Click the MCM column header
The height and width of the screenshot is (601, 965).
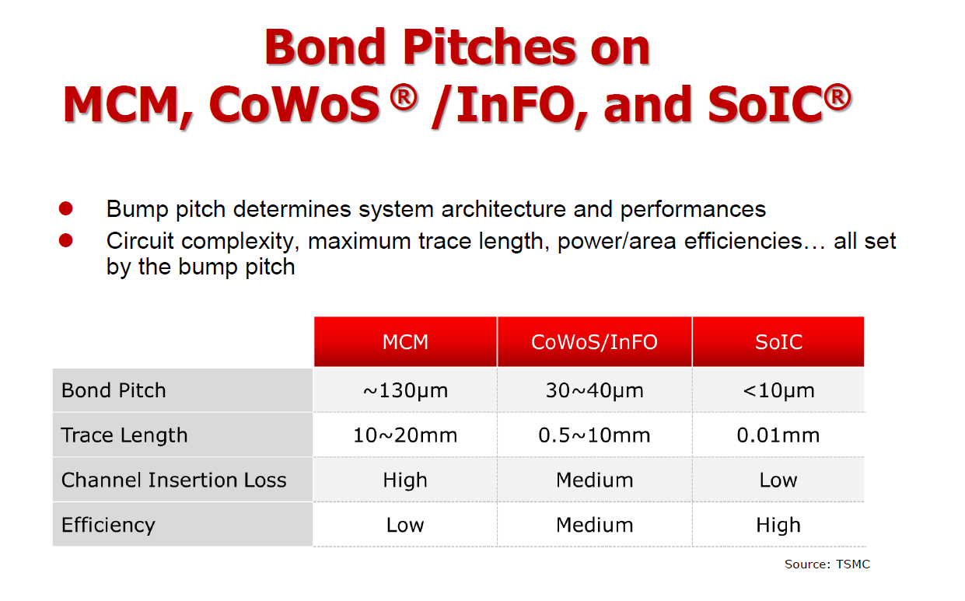pos(405,342)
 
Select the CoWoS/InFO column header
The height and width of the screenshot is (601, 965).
pos(594,342)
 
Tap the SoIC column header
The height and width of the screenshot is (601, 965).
pos(778,342)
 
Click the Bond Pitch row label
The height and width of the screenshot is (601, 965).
pos(114,390)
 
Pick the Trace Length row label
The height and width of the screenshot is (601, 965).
pos(124,435)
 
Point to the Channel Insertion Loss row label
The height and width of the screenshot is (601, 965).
pos(173,480)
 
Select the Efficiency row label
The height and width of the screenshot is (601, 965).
pos(108,525)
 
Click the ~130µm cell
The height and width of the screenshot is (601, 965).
pos(405,390)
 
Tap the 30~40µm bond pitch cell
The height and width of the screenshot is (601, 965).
pos(594,390)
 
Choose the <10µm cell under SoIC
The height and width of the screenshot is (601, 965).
pos(778,390)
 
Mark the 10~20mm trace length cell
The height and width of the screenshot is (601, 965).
pos(405,435)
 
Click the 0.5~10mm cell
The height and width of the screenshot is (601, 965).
pos(594,435)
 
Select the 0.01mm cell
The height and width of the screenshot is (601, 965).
pos(778,435)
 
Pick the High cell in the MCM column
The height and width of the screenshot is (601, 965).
pos(405,480)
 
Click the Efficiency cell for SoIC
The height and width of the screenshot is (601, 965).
pos(778,525)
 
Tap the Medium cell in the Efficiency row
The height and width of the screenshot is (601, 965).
pos(594,525)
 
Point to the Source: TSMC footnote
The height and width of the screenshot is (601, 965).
pos(827,564)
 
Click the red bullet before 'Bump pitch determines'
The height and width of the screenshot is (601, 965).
pos(66,209)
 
